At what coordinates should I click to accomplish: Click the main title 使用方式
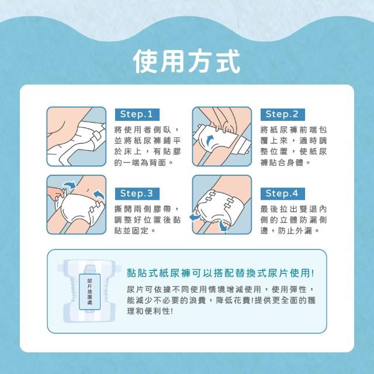187,61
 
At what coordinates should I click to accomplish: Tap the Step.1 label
137,115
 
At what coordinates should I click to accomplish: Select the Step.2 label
283,115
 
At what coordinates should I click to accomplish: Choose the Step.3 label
137,193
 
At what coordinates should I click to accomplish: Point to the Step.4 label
283,193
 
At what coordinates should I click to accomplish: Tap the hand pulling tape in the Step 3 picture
56,193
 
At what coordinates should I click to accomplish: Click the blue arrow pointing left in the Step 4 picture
195,217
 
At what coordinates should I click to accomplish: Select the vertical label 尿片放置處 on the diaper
89,292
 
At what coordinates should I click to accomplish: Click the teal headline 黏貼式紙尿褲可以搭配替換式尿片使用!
221,273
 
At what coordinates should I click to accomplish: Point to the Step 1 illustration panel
77,136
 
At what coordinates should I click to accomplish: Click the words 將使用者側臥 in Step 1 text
143,130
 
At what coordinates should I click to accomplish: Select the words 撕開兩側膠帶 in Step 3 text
143,209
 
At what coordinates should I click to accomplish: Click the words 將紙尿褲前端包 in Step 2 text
293,130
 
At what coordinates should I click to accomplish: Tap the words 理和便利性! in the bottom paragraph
150,311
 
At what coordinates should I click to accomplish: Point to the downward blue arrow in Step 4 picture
223,226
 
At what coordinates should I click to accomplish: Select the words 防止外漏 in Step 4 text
295,231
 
